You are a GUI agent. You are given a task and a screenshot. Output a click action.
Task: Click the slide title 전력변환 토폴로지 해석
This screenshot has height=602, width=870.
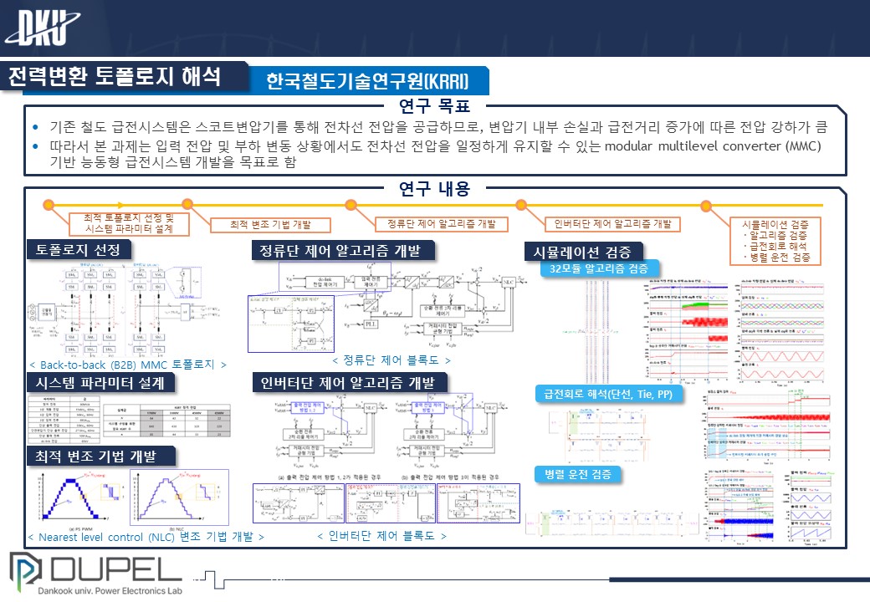(115, 78)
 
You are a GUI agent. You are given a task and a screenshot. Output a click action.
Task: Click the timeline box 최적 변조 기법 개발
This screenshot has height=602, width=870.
(269, 225)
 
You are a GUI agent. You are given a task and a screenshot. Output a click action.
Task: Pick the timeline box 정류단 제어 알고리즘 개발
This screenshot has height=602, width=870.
(436, 224)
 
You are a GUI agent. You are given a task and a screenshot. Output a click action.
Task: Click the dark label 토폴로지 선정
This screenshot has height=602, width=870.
(79, 250)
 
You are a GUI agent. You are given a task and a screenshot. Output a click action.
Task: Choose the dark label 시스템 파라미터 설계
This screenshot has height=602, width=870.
(100, 382)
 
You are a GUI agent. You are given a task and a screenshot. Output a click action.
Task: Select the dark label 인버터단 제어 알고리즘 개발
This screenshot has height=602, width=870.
(349, 382)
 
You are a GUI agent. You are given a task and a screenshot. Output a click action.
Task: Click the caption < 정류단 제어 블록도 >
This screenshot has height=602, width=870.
(391, 360)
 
